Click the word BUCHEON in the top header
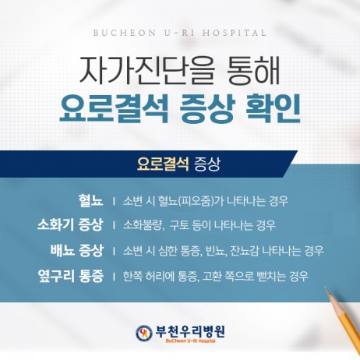pos(124,34)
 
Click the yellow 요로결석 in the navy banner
pos(163,164)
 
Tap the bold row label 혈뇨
pos(91,200)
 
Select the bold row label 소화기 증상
pos(70,225)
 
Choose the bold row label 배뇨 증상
pos(77,250)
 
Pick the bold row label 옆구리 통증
pos(71,276)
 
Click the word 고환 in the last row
pos(212,276)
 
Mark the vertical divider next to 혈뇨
pos(114,201)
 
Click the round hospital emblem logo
pos(144,333)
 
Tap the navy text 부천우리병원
pos(190,331)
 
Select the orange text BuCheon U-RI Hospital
pos(190,341)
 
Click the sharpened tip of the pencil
pos(326,288)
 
